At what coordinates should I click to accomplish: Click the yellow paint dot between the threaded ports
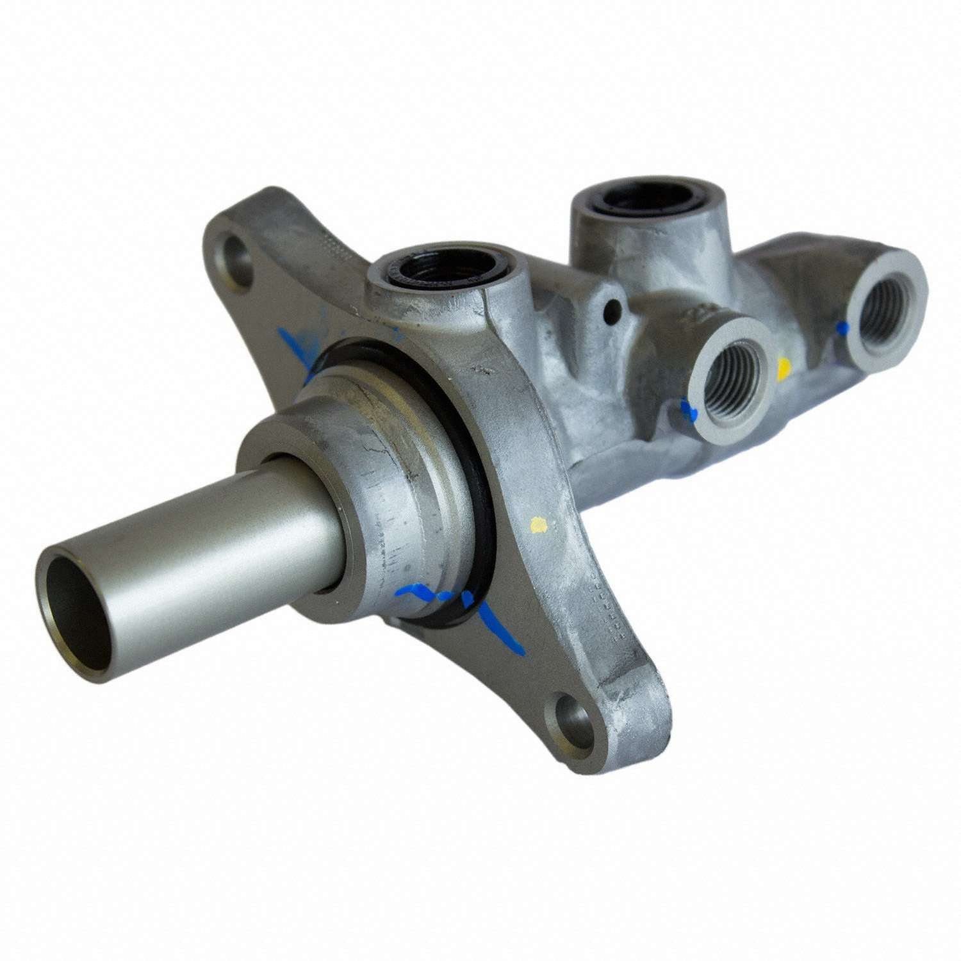783,368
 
